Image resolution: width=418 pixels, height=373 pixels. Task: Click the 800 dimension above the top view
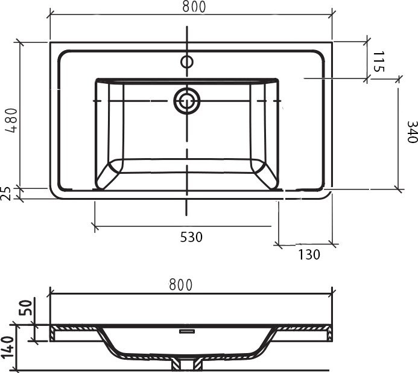coord(194,7)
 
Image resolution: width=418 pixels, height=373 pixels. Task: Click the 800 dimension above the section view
coord(180,285)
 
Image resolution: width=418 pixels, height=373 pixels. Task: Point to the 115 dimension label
coord(379,62)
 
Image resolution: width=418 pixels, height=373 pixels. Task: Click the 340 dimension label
coord(412,132)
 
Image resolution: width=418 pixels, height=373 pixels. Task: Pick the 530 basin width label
coord(191,237)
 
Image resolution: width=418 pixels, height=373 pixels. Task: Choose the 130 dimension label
coord(309,255)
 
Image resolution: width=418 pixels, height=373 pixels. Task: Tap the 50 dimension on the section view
coord(26,307)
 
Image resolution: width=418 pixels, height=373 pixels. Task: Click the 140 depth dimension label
coord(7,347)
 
